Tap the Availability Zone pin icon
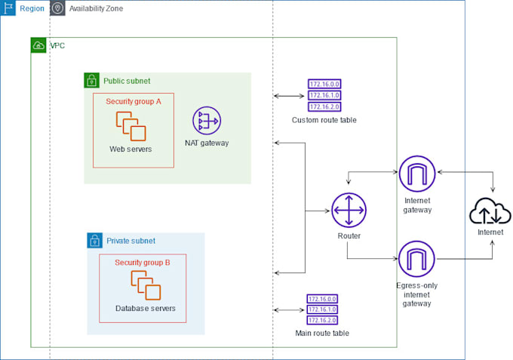coord(58,8)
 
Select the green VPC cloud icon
coord(38,46)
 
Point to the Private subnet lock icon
coord(95,241)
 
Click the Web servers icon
coord(131,125)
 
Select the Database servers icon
coord(146,285)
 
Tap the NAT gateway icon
coord(206,121)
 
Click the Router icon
coord(349,210)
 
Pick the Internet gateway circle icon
coord(417,174)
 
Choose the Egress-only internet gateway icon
coord(417,259)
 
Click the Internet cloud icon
coord(490,211)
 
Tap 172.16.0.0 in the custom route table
coord(324,85)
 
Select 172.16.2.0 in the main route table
coord(322,319)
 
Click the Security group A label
coord(134,102)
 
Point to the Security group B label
coord(142,263)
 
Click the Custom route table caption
coord(324,120)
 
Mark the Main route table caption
coord(322,333)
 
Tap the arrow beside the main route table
coord(290,309)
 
